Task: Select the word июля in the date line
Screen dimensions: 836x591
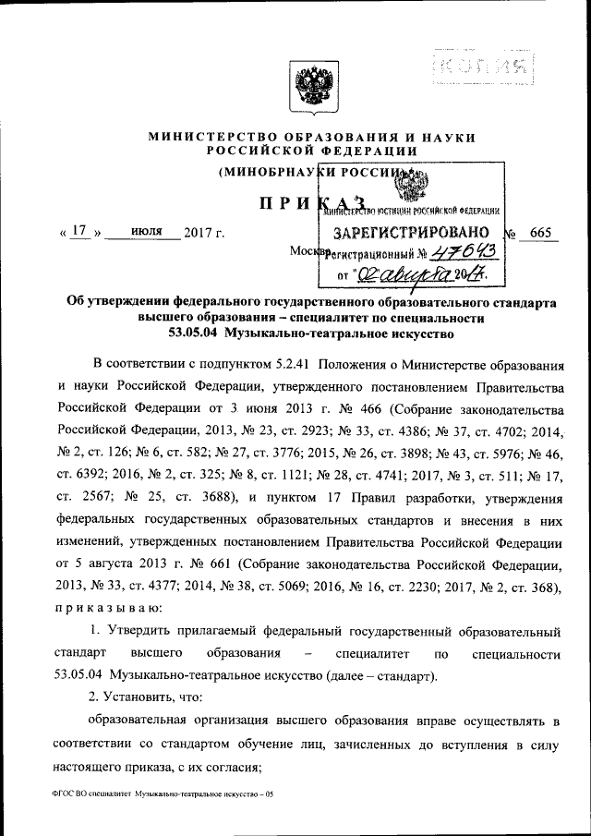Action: point(143,231)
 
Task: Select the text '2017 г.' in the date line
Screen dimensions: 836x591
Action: point(204,232)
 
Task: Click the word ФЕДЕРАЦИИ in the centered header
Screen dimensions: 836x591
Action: point(364,151)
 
